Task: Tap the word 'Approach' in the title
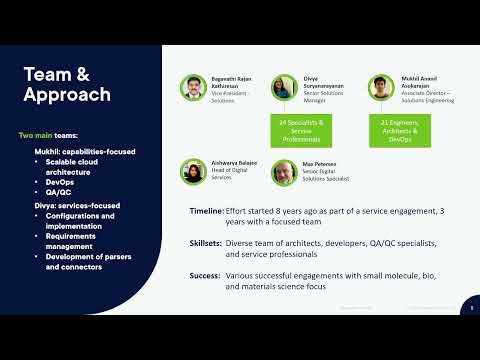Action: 67,95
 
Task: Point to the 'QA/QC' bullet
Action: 57,193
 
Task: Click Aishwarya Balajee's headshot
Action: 194,171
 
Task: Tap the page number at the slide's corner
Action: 472,308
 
